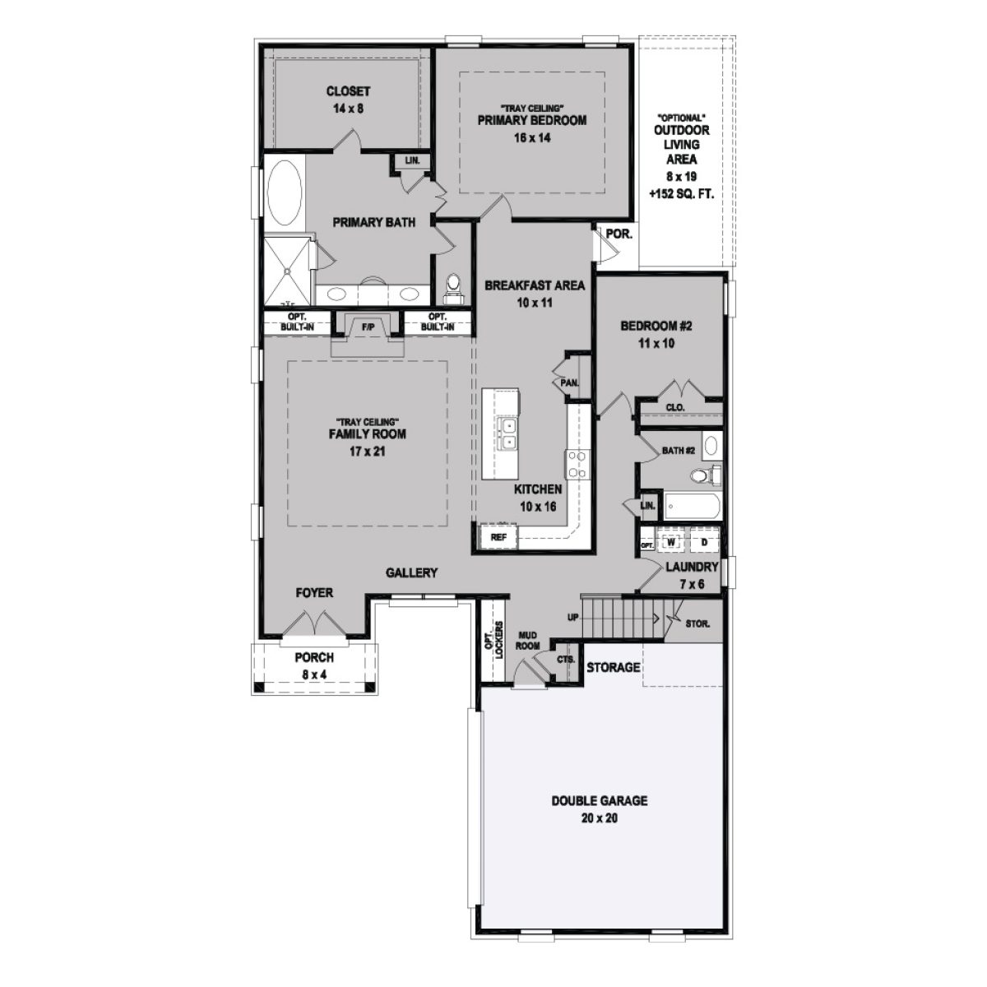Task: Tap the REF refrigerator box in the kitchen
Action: click(498, 537)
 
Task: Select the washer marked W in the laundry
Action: click(670, 543)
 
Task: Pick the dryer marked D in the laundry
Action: click(704, 543)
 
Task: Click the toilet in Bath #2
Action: click(703, 475)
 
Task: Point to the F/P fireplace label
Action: click(367, 327)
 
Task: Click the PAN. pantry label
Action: click(569, 382)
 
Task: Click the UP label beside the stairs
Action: click(572, 617)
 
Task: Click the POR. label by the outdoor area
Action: click(619, 234)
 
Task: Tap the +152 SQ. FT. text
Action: click(680, 195)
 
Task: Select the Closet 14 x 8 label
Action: click(348, 99)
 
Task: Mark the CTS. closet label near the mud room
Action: click(566, 660)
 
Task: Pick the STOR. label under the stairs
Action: click(698, 623)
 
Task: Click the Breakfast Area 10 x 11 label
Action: click(535, 294)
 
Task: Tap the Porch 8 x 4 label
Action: click(314, 665)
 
